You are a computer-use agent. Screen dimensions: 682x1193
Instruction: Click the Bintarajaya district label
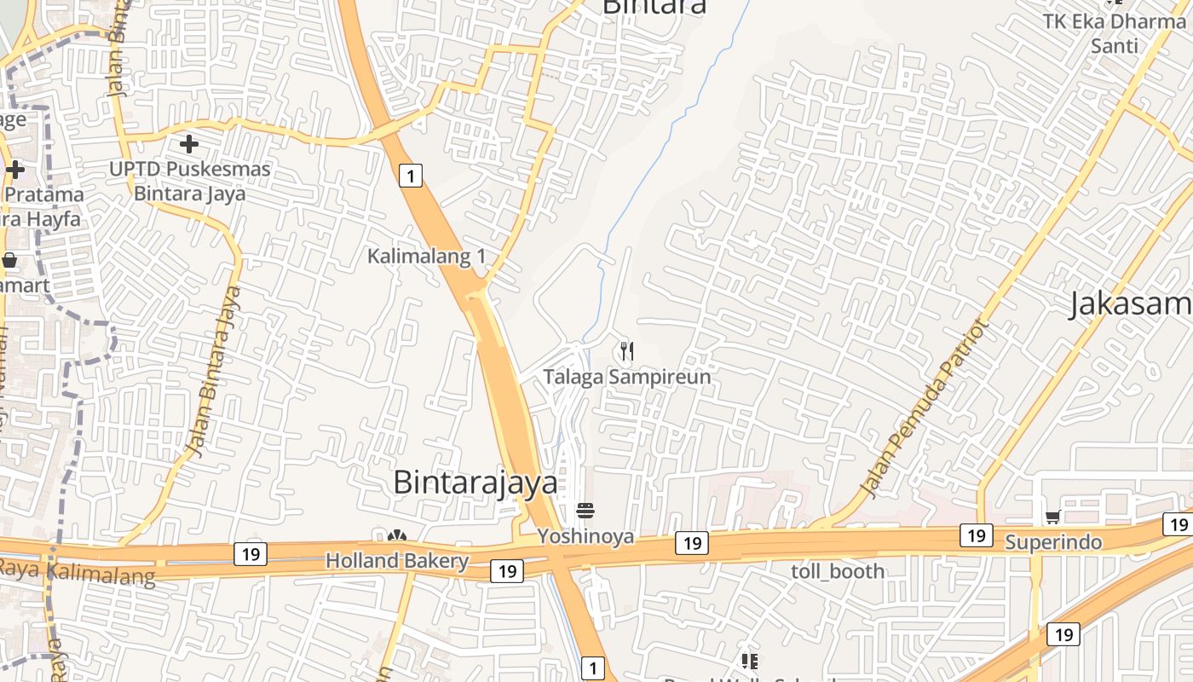tap(475, 483)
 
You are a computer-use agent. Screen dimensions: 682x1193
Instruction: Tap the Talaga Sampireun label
tap(627, 377)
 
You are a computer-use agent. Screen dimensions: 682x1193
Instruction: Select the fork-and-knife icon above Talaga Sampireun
tap(627, 350)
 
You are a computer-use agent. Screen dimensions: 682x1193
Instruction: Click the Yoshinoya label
tap(585, 536)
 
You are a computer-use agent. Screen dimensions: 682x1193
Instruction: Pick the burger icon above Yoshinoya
tap(585, 511)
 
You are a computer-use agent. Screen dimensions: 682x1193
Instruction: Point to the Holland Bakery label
tap(397, 561)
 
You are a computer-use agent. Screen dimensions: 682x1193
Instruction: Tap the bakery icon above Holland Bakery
tap(397, 536)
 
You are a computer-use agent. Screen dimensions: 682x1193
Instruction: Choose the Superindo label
tap(1053, 542)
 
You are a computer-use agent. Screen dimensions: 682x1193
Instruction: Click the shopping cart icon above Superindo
tap(1053, 517)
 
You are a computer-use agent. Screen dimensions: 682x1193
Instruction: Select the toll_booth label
tap(838, 571)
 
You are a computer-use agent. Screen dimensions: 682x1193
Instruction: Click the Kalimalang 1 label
tap(426, 256)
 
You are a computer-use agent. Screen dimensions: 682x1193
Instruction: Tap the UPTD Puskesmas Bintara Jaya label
tap(189, 181)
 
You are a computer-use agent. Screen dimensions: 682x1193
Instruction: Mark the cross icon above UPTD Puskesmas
tap(189, 144)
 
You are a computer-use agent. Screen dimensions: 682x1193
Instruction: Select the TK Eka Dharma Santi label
tap(1115, 32)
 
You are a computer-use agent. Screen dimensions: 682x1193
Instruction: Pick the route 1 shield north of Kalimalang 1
tap(411, 176)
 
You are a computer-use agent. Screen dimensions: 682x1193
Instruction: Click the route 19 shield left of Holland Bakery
tap(251, 554)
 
